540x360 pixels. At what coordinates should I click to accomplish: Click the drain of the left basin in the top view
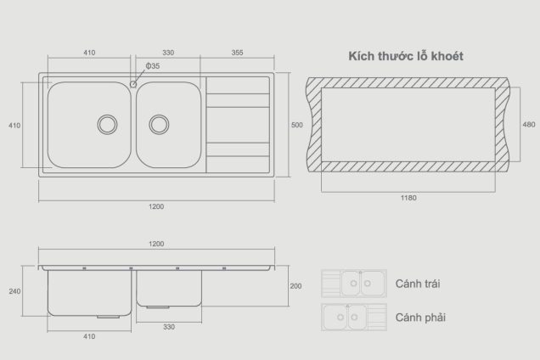tap(107, 124)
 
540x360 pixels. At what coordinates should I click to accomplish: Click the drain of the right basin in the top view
tap(159, 124)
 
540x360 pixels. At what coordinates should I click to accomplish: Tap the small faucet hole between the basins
tap(134, 83)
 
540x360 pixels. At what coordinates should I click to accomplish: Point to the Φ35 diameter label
tap(153, 66)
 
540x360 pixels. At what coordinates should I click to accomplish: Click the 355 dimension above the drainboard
tap(237, 53)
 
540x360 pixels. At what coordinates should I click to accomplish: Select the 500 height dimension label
tap(296, 125)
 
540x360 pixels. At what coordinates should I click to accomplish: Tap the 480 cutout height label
tap(529, 125)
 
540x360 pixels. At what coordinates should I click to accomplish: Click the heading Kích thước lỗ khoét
tap(405, 56)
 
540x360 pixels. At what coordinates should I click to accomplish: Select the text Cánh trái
tap(418, 284)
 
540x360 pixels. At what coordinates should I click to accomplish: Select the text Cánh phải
tap(420, 318)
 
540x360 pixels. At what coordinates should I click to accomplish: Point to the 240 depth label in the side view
tap(14, 291)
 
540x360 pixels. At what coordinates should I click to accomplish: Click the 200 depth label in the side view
tap(295, 286)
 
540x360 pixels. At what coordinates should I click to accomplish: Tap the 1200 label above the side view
tap(157, 245)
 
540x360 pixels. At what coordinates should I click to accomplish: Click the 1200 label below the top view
tap(157, 206)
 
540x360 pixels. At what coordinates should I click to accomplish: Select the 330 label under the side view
tap(169, 327)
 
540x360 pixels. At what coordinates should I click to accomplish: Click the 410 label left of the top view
tap(14, 125)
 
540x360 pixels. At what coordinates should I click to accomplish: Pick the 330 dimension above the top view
tap(168, 53)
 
